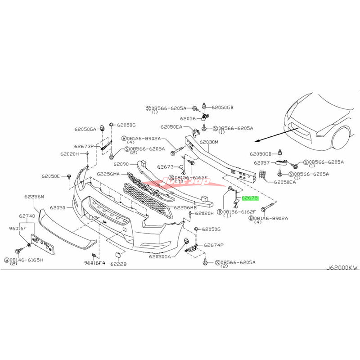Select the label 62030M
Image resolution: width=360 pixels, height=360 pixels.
(x=208, y=142)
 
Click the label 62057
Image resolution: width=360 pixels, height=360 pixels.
(x=261, y=162)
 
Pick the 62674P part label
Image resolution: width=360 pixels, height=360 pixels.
(x=214, y=246)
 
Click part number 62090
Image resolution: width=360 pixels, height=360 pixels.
(x=121, y=164)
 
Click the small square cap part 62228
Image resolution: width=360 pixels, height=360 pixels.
(x=117, y=256)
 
